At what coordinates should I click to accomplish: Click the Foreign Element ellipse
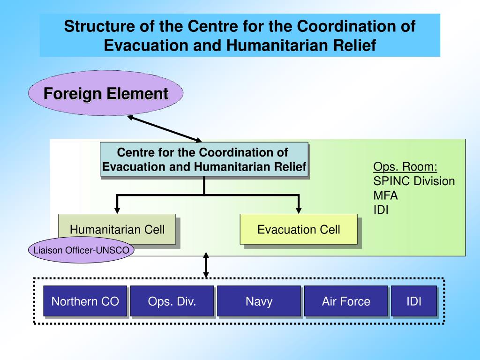point(105,94)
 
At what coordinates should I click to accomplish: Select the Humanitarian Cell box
point(117,229)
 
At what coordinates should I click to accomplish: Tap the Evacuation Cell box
point(299,229)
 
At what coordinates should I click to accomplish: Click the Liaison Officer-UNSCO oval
point(81,250)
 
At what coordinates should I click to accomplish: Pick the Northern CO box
point(85,301)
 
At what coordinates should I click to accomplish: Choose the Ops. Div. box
point(172,301)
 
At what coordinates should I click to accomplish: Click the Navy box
point(259,301)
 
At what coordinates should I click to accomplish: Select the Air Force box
point(346,301)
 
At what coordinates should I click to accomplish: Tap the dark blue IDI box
point(413,301)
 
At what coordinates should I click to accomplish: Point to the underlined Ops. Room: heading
point(405,167)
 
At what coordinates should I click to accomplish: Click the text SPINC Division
point(414,181)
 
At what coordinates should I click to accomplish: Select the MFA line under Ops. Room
point(385,195)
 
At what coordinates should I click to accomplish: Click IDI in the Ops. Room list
point(381,209)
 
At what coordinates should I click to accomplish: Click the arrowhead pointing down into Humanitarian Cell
point(117,210)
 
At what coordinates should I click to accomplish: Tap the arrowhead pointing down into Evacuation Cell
point(299,210)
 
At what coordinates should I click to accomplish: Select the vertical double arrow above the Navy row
point(206,266)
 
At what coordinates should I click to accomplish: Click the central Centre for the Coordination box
point(204,159)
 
